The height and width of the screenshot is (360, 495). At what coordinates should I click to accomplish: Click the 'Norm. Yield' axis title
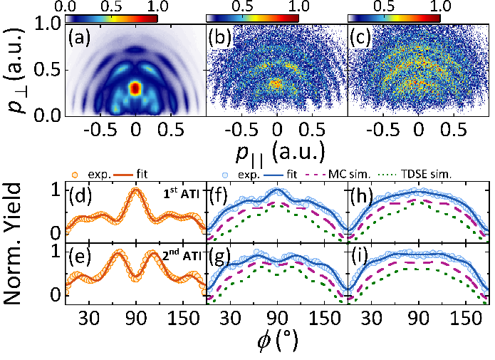click(x=21, y=245)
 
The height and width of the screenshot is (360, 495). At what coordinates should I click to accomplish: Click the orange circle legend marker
click(x=75, y=173)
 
